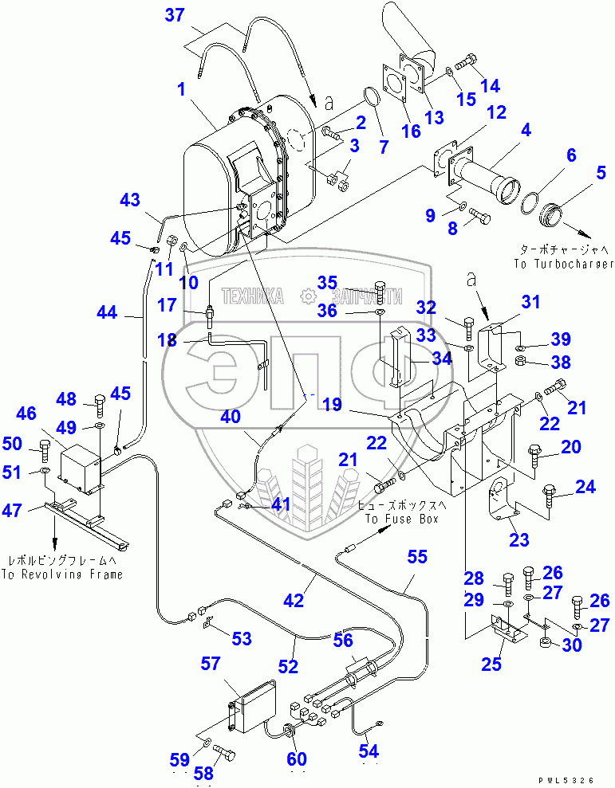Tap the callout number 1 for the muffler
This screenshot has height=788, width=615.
[182, 90]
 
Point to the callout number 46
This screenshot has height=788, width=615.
[26, 413]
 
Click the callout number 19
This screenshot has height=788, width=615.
[333, 404]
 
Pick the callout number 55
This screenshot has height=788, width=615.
[418, 556]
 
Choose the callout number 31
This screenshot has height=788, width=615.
[530, 302]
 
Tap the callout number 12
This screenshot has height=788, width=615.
[496, 112]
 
